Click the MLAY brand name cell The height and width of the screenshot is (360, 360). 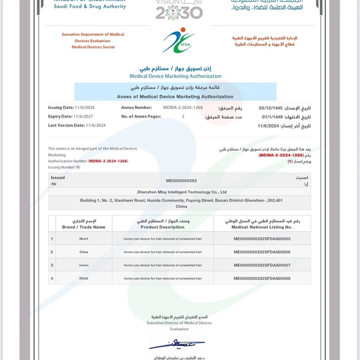click(x=84, y=239)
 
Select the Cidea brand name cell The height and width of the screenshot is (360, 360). click(x=84, y=252)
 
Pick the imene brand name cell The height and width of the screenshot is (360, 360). click(x=84, y=265)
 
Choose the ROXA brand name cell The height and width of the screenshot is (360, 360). click(x=84, y=278)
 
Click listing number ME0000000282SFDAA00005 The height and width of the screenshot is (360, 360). click(x=262, y=239)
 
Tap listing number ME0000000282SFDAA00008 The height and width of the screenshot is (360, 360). click(x=262, y=278)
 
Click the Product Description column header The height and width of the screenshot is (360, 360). click(x=162, y=224)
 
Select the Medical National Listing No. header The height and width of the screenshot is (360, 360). click(x=262, y=224)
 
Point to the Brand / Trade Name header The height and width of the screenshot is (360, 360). click(x=84, y=224)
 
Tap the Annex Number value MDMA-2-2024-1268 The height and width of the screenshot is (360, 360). click(x=183, y=108)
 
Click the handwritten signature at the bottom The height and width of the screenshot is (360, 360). click(x=177, y=344)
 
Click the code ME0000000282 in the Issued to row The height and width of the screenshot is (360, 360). click(x=182, y=181)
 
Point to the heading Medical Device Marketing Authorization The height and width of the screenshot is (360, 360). click(x=175, y=76)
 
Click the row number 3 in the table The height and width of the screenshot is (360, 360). click(x=52, y=265)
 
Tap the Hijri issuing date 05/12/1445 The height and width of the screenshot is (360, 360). click(x=271, y=108)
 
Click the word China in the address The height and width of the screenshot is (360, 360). click(x=181, y=206)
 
